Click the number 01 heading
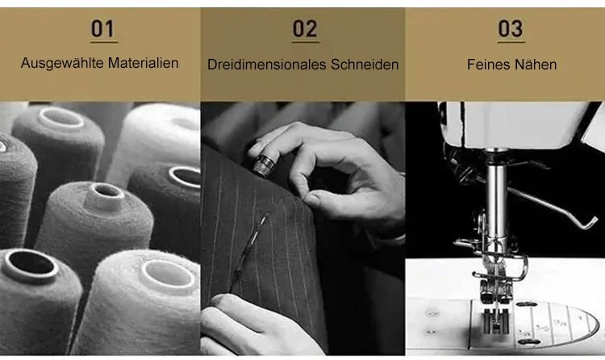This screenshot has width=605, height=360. click(103, 28)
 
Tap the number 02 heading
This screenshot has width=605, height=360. click(305, 29)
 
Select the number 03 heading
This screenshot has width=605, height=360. click(511, 28)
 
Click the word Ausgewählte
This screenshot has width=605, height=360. click(62, 63)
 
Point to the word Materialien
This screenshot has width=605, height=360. click(143, 63)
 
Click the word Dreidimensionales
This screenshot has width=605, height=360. click(267, 65)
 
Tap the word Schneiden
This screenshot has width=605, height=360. click(365, 65)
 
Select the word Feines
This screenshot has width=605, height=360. click(488, 65)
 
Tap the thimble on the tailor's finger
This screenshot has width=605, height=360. click(264, 165)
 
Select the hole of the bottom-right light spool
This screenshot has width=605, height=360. click(168, 275)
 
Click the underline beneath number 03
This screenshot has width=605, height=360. click(511, 41)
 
